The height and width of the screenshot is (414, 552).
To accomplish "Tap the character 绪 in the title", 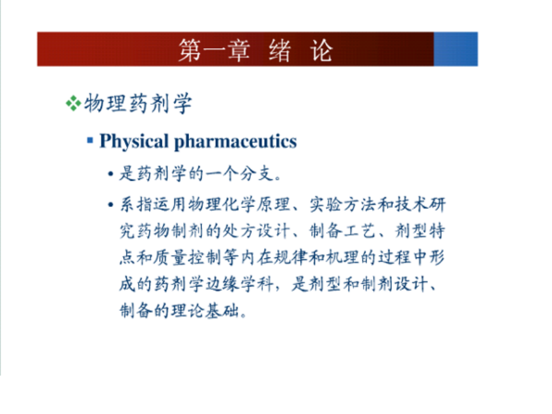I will click(x=279, y=51).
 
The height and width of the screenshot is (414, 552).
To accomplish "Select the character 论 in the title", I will click(x=321, y=51).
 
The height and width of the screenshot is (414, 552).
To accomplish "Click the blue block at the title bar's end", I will click(x=455, y=49).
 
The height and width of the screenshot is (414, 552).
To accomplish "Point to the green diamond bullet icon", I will click(x=73, y=104).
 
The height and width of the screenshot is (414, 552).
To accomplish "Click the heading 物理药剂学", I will click(x=138, y=104).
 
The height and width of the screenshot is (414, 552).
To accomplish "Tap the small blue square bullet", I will click(x=90, y=140).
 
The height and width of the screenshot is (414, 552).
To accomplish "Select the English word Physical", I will click(x=134, y=142).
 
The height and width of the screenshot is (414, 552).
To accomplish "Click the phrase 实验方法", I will click(x=338, y=205).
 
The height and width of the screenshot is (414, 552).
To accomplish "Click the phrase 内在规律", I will click(x=284, y=257).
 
